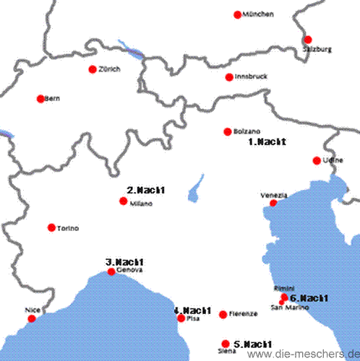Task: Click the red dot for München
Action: [x=238, y=14]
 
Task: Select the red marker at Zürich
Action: [x=92, y=69]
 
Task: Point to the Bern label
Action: [x=51, y=99]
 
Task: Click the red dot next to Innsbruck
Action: [x=229, y=77]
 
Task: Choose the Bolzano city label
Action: [x=247, y=131]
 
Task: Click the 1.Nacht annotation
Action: [x=267, y=142]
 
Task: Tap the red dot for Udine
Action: [x=317, y=160]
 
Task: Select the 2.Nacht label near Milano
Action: [x=146, y=191]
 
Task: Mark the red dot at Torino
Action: [x=51, y=227]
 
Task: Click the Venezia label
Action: [x=274, y=196]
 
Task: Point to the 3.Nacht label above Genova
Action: [x=125, y=262]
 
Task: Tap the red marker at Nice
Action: [x=31, y=318]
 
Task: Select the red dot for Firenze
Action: [x=223, y=314]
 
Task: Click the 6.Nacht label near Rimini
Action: [x=309, y=298]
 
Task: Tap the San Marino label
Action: [x=288, y=308]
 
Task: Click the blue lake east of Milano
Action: [x=194, y=191]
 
